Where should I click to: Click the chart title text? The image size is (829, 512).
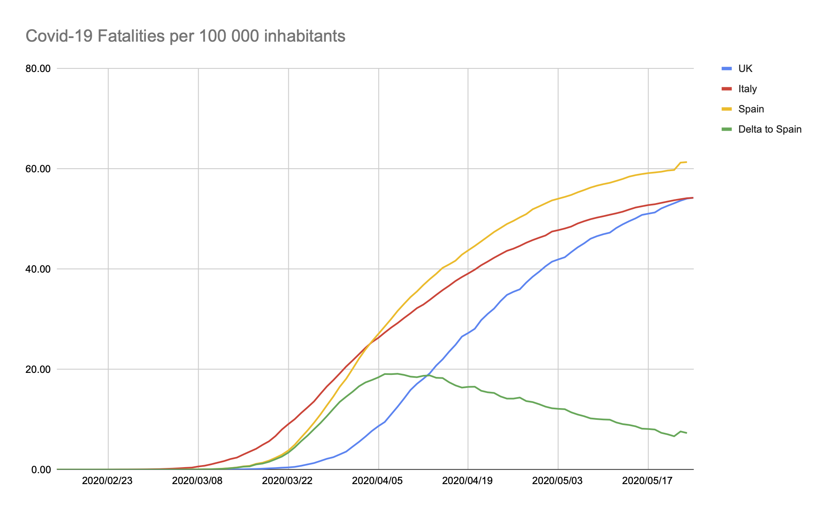[185, 36]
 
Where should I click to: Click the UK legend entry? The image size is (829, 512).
[745, 69]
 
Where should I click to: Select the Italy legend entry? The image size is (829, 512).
[747, 89]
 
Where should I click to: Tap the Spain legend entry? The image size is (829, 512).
[751, 109]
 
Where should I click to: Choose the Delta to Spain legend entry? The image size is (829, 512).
[770, 129]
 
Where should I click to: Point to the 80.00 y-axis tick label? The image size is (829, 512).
[38, 68]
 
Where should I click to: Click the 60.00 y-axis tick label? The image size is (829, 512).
[38, 169]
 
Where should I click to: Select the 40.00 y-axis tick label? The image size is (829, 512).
[38, 269]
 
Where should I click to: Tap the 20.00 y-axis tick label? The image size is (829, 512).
[38, 369]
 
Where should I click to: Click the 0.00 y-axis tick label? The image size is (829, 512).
[40, 470]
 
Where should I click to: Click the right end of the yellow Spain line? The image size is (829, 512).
[687, 162]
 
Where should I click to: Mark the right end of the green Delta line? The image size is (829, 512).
[687, 433]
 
